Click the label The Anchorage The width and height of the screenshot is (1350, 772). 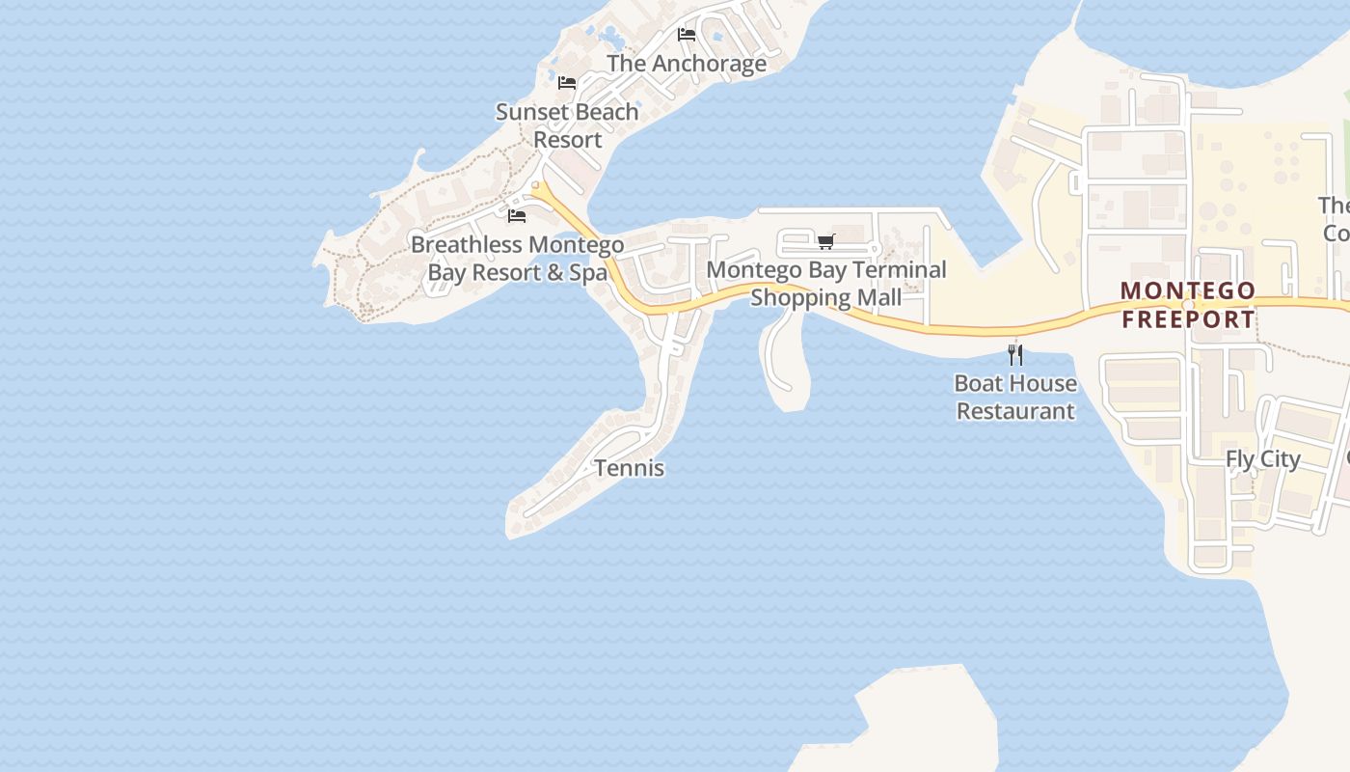687,64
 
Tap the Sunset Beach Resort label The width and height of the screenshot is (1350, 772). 567,125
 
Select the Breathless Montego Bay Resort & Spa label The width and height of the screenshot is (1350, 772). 518,259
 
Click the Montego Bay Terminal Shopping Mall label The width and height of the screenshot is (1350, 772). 826,284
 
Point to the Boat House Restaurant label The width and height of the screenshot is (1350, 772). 1015,397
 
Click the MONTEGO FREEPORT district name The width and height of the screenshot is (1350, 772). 1189,305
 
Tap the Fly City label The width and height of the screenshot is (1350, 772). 1263,459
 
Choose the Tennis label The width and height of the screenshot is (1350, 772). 630,468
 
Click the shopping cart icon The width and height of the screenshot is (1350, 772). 825,241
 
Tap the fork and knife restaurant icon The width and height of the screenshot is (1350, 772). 1014,354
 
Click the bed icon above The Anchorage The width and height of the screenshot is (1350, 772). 687,35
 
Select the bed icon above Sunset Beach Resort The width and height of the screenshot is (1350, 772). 567,83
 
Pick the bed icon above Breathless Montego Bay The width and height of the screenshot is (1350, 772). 517,215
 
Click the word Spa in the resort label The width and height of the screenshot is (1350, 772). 588,273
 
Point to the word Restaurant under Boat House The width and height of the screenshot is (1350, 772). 1015,411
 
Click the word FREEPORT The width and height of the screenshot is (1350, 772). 1189,319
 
